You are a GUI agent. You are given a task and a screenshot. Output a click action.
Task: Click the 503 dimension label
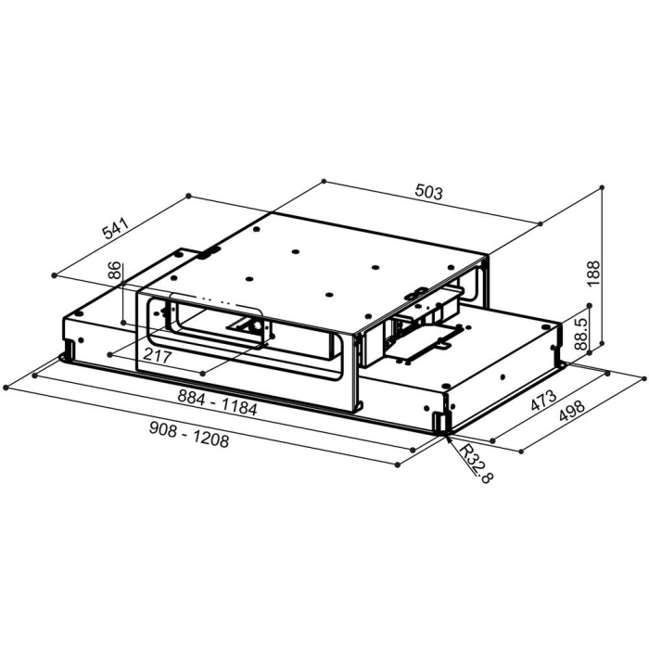pos(428,193)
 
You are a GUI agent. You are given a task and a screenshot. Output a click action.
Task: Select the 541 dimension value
pos(116,228)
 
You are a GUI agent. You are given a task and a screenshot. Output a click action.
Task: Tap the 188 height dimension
pos(593,273)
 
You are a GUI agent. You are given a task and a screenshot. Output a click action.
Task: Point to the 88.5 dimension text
pos(581,334)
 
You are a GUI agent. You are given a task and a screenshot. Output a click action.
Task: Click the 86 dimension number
pos(115,271)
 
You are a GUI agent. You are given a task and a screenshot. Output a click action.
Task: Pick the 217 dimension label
pos(158,356)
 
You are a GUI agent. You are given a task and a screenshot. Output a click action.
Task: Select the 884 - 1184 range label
pos(217,402)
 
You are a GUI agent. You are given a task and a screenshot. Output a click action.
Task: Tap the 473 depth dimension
pos(544,401)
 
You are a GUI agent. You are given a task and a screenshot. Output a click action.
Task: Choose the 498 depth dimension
pos(572,410)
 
